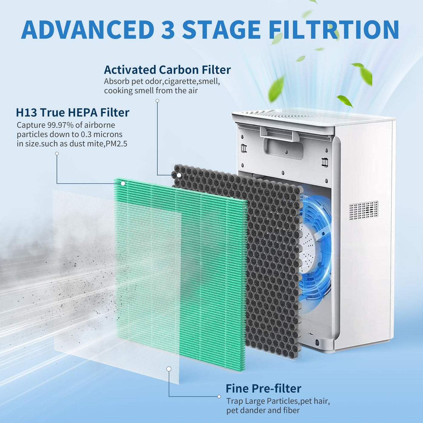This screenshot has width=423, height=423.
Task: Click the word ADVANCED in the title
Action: (88, 30)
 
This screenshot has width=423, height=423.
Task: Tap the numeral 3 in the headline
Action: (168, 30)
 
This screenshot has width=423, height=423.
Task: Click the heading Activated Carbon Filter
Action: (167, 70)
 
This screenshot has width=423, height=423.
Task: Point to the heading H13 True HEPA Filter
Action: (73, 112)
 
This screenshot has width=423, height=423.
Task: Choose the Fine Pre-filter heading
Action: (263, 388)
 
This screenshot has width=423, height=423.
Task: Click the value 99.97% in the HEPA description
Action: (60, 125)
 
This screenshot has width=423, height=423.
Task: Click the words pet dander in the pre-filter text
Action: (246, 410)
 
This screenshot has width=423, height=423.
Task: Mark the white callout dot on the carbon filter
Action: (179, 175)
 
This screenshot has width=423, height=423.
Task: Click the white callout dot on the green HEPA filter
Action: (123, 183)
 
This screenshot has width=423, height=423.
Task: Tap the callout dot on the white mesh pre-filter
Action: (169, 369)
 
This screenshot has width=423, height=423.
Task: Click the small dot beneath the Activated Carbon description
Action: (157, 101)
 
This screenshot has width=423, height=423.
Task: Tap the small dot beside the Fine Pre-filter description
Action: (219, 396)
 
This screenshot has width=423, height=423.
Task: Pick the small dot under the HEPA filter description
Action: (57, 153)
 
